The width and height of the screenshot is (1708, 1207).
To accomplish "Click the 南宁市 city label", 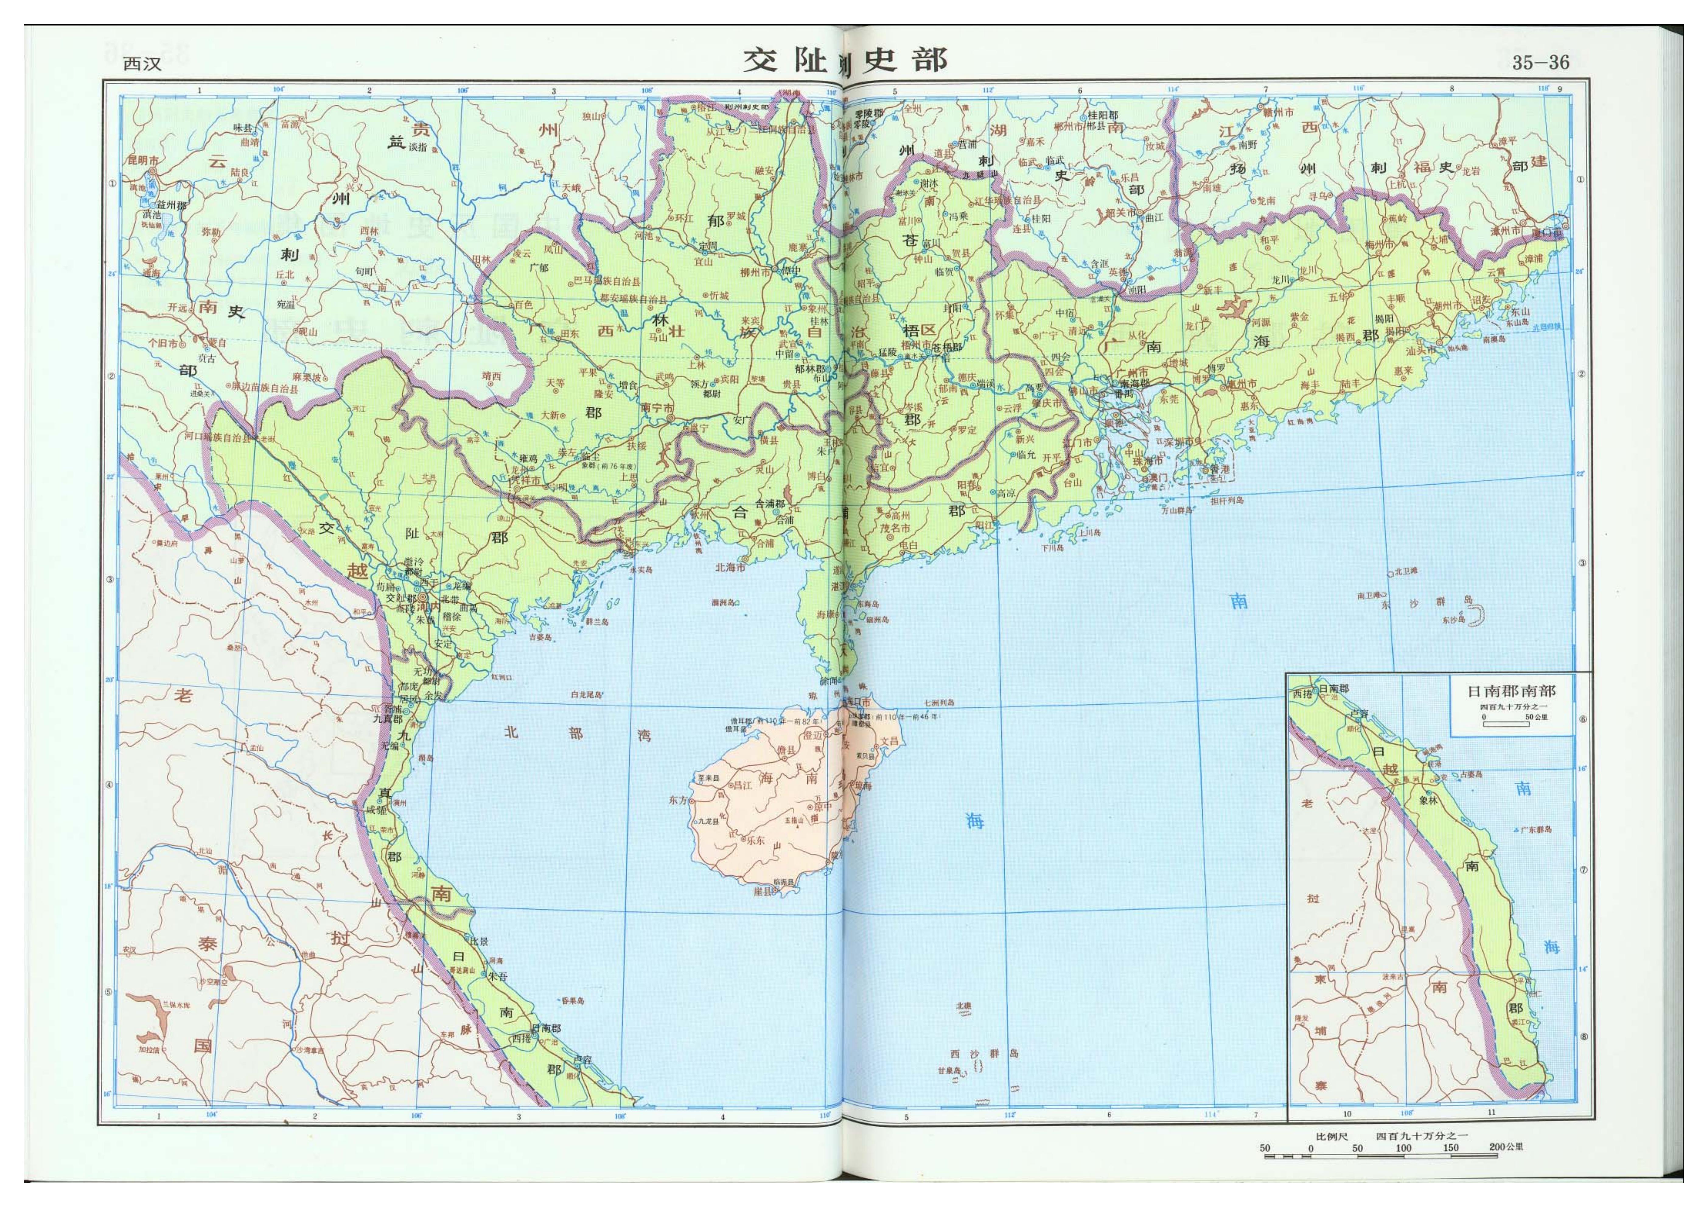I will (x=658, y=408).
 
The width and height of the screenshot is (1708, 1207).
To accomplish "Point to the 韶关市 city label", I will (x=1123, y=212).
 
